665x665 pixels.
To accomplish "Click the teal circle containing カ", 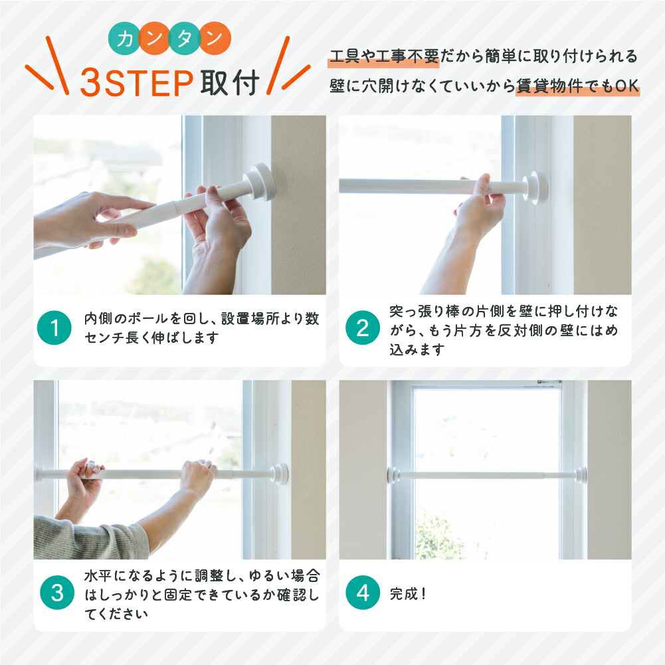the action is pyautogui.click(x=124, y=39).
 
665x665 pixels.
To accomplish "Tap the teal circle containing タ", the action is pyautogui.click(x=185, y=39).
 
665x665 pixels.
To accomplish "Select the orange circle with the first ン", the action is pyautogui.click(x=154, y=39).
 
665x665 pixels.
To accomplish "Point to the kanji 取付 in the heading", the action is pyautogui.click(x=230, y=82).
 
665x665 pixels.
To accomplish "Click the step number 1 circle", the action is pyautogui.click(x=54, y=328).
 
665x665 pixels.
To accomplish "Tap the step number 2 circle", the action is pyautogui.click(x=363, y=328).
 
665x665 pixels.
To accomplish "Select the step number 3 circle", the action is pyautogui.click(x=57, y=593).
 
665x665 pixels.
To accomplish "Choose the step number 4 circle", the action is pyautogui.click(x=363, y=593).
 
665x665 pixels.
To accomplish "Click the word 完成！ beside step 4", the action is pyautogui.click(x=408, y=594).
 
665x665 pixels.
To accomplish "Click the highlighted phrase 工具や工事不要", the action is pyautogui.click(x=384, y=56).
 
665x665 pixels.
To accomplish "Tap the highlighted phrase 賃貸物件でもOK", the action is pyautogui.click(x=577, y=86).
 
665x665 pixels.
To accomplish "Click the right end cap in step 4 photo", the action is pyautogui.click(x=581, y=474).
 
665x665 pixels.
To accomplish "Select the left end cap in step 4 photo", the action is pyautogui.click(x=393, y=475).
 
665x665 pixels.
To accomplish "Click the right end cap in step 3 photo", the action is pyautogui.click(x=280, y=474).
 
